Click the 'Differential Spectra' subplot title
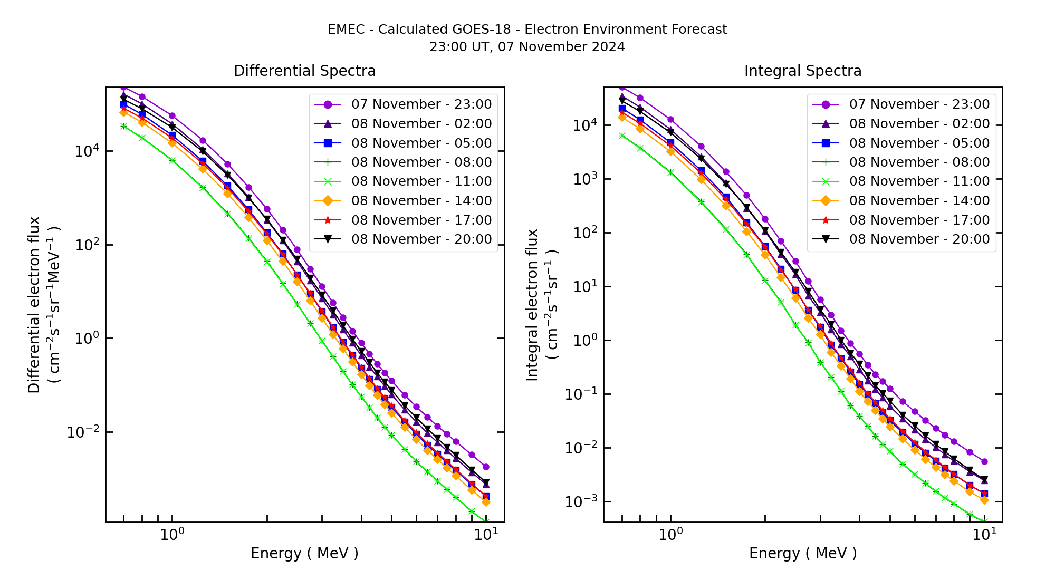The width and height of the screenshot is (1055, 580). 304,71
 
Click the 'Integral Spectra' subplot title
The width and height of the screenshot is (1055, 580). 802,71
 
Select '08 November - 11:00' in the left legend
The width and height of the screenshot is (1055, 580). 421,181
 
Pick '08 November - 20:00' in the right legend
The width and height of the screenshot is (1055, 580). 919,239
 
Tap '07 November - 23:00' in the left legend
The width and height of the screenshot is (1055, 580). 421,104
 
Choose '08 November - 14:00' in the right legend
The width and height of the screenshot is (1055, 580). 919,201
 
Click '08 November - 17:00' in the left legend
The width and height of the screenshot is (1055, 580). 421,220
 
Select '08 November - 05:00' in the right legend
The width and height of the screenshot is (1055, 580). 919,143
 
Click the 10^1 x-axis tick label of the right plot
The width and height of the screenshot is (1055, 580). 984,535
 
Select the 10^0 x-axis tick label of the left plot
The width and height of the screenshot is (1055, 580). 172,535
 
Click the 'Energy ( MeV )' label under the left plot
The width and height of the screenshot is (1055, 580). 304,554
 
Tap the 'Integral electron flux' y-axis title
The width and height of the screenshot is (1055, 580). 533,305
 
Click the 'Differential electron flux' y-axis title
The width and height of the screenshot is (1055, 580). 34,305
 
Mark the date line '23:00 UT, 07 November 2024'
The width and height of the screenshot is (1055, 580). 527,47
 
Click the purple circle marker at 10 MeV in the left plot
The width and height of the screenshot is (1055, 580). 486,467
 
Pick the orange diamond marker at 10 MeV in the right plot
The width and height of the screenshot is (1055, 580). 984,499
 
